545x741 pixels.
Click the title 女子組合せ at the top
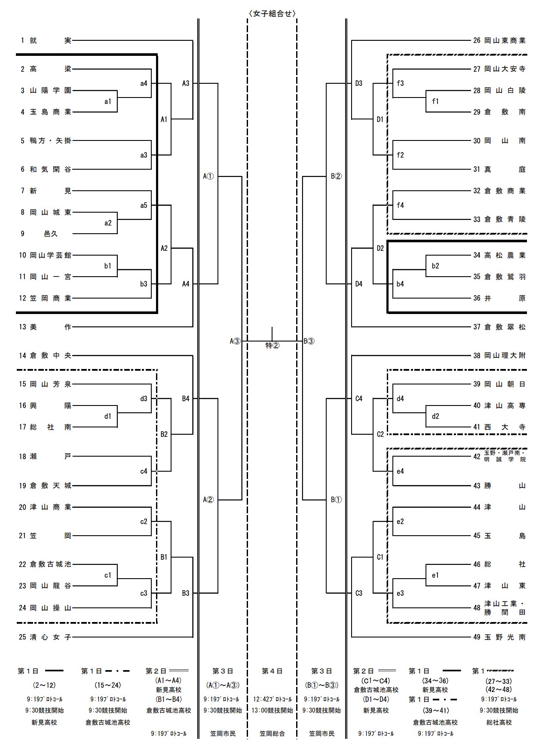tap(272, 13)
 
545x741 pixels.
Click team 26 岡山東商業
tap(499, 40)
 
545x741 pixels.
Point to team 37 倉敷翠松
tap(499, 327)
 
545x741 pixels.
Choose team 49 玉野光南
tap(499, 637)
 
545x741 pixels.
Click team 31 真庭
tap(499, 169)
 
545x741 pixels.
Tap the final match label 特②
tap(272, 345)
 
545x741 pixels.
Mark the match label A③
tap(236, 342)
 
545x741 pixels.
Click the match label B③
tap(309, 342)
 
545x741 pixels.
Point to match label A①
tap(208, 176)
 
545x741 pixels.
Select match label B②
tap(336, 176)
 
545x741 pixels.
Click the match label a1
tap(108, 101)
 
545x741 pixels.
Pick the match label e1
tap(435, 575)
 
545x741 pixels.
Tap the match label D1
tap(380, 119)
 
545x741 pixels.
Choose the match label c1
tap(108, 575)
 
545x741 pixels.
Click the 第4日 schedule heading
tap(272, 671)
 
